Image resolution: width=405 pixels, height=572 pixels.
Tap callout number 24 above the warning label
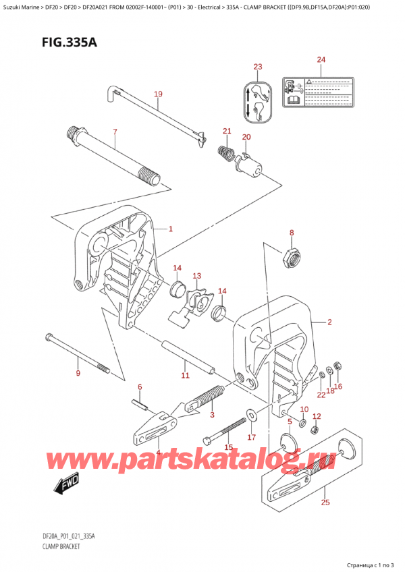click(x=321, y=60)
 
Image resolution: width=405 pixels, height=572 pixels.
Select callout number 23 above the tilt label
click(x=257, y=66)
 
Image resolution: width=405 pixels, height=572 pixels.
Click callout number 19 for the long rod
click(x=157, y=94)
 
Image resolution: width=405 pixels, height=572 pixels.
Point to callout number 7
click(x=115, y=132)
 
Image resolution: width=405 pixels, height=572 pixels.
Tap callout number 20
click(x=246, y=137)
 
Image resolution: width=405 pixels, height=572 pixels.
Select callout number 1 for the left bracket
click(x=171, y=229)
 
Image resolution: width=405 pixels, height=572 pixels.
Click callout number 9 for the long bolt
click(x=78, y=373)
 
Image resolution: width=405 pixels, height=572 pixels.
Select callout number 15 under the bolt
click(x=228, y=447)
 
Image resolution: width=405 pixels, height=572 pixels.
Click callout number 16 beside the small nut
click(x=338, y=387)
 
